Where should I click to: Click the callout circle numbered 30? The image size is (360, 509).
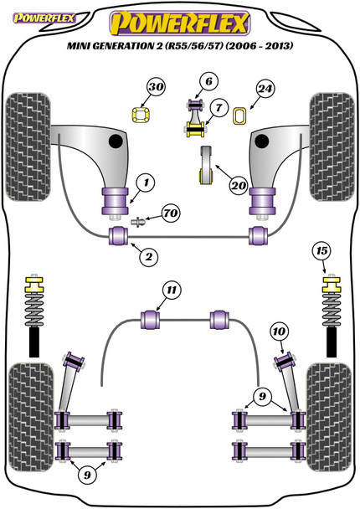click(156, 87)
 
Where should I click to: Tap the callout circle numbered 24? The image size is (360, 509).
click(265, 89)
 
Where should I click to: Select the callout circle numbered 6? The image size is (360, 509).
click(208, 81)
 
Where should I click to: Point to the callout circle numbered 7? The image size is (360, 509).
click(219, 107)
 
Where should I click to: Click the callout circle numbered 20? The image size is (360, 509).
click(239, 185)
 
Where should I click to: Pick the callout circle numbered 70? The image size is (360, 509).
click(171, 213)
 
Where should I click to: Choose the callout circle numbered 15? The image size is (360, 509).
click(321, 251)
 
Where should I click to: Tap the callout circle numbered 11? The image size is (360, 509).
click(171, 290)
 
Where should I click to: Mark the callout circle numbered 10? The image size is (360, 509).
click(279, 332)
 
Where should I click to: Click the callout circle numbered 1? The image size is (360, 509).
click(146, 183)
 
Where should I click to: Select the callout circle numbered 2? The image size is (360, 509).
click(148, 257)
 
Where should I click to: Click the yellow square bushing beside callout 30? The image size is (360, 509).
click(141, 115)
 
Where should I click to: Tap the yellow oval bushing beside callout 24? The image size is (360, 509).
click(240, 116)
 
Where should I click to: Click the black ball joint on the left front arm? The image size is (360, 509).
click(116, 141)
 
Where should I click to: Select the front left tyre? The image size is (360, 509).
click(28, 147)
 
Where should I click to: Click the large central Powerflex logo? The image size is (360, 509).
click(179, 23)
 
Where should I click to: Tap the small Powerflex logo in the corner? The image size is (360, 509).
click(44, 18)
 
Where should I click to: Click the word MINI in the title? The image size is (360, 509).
click(79, 46)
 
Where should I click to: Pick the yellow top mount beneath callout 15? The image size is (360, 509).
click(331, 284)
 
